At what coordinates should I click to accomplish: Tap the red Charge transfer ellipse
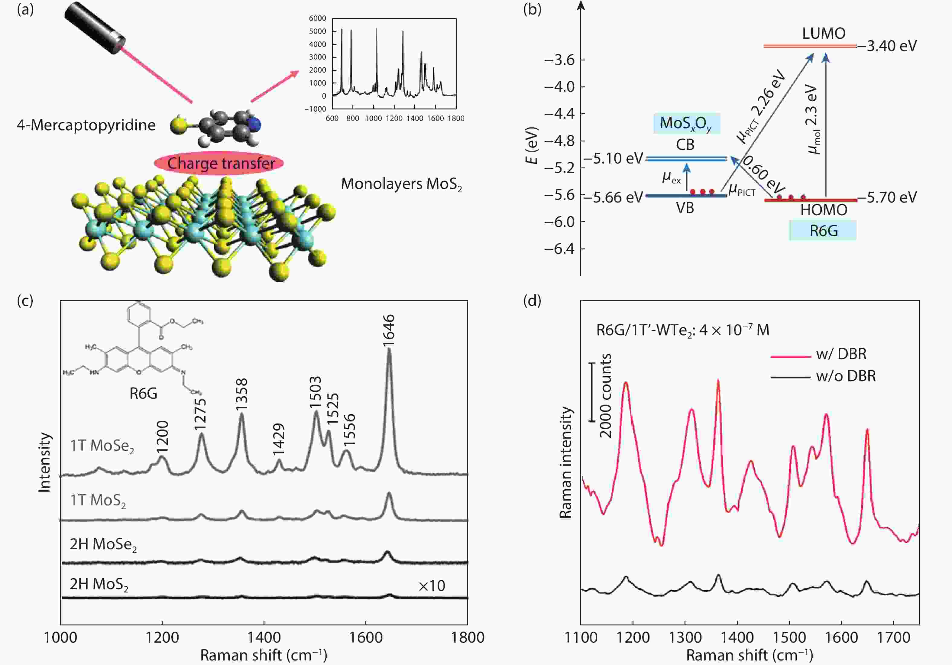219,163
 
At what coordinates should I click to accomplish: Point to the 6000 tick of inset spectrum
318,18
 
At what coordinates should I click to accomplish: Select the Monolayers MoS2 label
401,184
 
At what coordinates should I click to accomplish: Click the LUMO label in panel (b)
824,33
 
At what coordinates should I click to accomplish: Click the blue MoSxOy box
687,123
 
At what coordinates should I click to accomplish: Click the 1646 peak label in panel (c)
389,330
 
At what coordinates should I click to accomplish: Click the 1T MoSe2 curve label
102,446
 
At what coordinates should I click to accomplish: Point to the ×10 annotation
431,586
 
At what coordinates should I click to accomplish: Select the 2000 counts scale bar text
606,395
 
